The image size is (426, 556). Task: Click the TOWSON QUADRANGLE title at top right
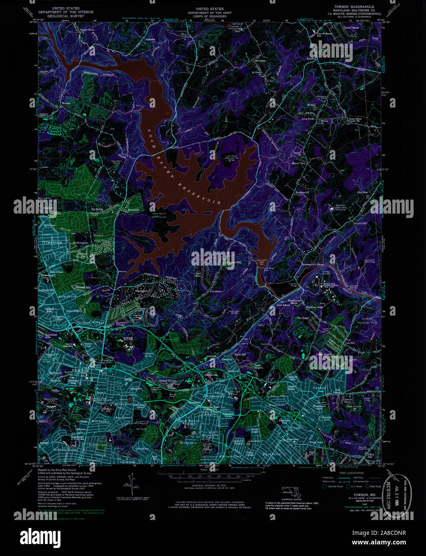coord(354,7)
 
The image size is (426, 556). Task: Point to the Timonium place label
coord(53,242)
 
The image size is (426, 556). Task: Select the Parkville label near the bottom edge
coord(271,454)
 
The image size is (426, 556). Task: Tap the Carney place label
coord(319,388)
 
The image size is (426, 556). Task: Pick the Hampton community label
coord(143,291)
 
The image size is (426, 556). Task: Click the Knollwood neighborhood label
coord(124,417)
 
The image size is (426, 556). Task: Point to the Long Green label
coord(308,119)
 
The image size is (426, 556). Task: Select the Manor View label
coord(298,163)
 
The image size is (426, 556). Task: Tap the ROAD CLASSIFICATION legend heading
coord(352,473)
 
